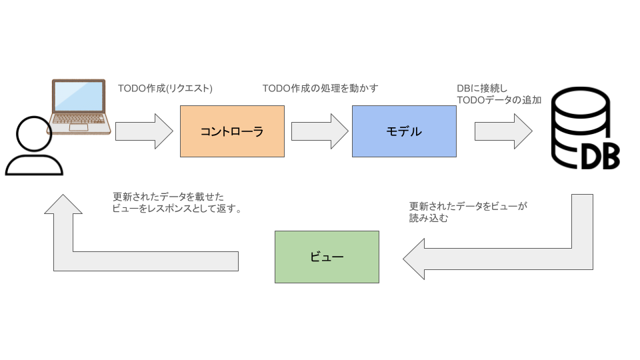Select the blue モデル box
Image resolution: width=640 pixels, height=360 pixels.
[404, 131]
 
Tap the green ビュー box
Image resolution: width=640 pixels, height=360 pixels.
[327, 257]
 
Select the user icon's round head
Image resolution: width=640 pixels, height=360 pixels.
[33, 136]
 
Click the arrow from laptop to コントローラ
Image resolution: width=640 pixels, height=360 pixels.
[144, 131]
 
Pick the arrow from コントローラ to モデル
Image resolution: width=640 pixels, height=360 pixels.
[320, 131]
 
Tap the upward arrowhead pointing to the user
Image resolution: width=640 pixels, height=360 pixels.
[63, 204]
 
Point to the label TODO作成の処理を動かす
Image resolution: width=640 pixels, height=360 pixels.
[320, 88]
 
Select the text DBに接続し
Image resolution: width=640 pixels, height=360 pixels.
[482, 88]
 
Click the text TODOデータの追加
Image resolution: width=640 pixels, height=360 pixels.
[499, 100]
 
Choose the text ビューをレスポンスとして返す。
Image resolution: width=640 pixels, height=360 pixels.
[177, 208]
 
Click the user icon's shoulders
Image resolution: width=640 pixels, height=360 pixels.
[33, 167]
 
